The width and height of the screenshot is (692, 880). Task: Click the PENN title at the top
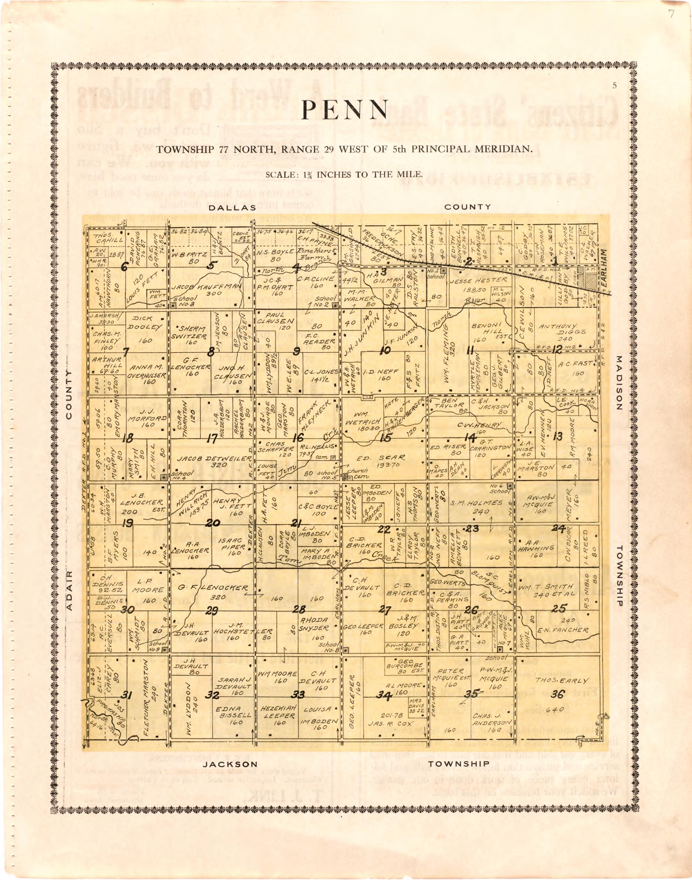[345, 110]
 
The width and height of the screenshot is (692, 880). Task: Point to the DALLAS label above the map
[233, 207]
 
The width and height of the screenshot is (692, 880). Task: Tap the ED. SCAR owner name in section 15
[381, 458]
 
